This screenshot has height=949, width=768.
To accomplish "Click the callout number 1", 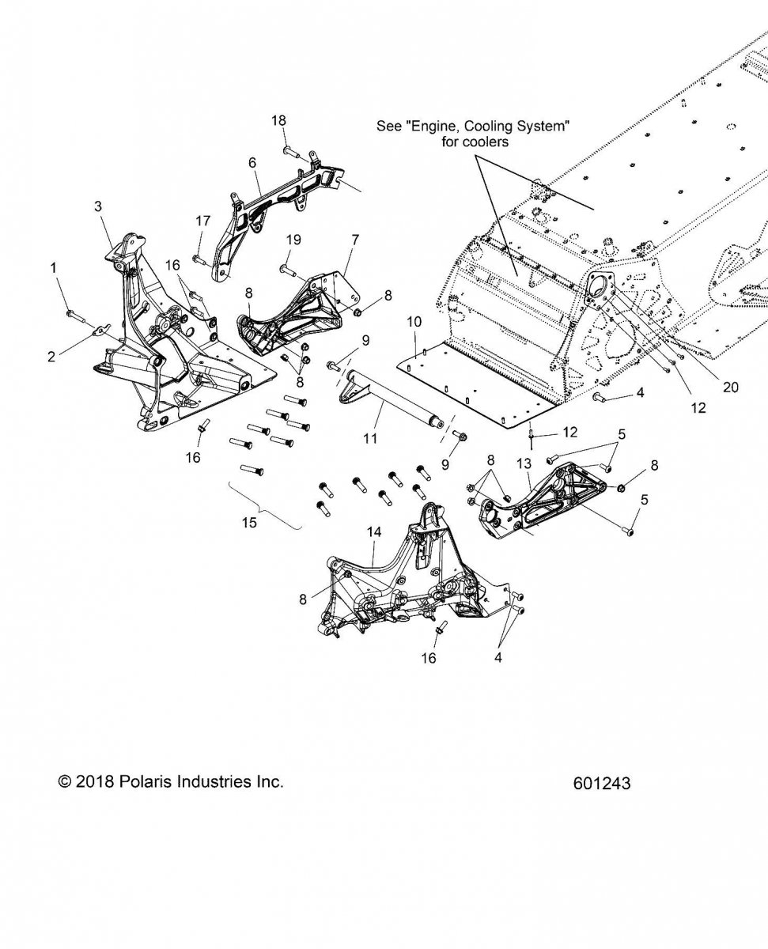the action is coord(54,268).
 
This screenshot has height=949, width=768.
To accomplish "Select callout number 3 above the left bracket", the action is coord(97,206).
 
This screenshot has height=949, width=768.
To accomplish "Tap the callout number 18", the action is coord(279,120).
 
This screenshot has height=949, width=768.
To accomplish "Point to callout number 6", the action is coord(252,163).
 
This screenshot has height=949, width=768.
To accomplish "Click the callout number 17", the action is coord(203,221).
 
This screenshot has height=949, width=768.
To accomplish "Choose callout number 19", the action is coord(293,240).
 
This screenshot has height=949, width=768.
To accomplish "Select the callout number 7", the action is coord(355,240).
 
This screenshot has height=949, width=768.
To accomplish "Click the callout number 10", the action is coord(414,321).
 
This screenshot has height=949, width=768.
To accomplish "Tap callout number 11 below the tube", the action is coord(370,438).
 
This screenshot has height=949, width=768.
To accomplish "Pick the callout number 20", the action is coord(731,388).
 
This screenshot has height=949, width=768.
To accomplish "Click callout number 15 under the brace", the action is coord(249,522).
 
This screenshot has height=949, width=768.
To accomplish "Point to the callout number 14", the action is coord(374,531).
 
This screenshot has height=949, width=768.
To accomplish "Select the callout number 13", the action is coord(524,463).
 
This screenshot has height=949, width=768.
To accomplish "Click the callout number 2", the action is coord(51,357).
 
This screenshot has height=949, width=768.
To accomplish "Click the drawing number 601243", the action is coord(602,783).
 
